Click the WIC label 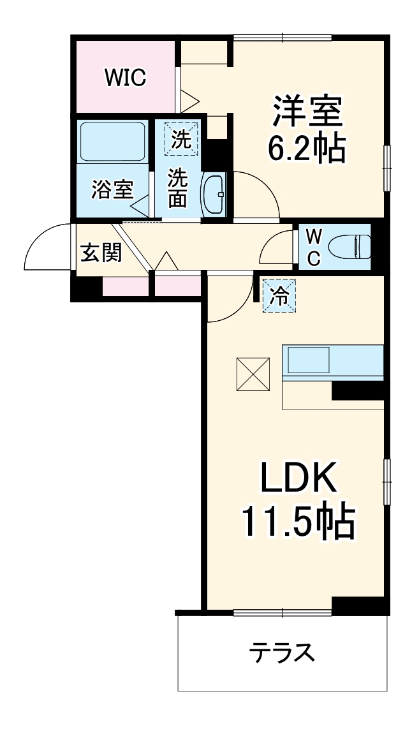point(126,77)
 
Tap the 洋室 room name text point(307,112)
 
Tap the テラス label point(282,652)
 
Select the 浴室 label point(112,189)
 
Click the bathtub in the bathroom point(112,142)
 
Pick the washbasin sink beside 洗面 point(214,194)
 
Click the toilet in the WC point(349,246)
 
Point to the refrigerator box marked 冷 point(279,295)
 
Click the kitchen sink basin point(309,360)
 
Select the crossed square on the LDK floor point(253,374)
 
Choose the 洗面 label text point(177,188)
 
